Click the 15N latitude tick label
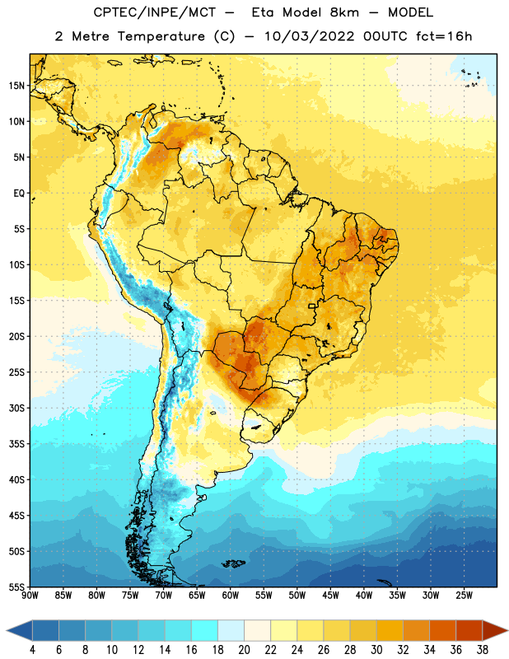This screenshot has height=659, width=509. [x=16, y=86]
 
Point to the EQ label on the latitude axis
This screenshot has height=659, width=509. [x=19, y=194]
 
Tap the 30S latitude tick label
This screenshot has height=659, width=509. [x=16, y=408]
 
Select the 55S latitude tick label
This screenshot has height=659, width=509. [x=16, y=587]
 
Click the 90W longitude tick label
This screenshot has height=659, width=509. [x=30, y=596]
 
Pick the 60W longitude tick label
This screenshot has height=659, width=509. [x=231, y=596]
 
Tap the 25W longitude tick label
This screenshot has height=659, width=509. [x=464, y=596]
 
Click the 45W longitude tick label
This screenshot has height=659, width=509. [x=330, y=596]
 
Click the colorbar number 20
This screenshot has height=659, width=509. [x=244, y=650]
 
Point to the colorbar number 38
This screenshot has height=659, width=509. [x=482, y=650]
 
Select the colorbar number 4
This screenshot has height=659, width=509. [x=32, y=650]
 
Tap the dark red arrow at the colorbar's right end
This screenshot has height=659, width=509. [x=495, y=631]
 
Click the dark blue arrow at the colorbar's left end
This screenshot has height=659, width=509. [x=19, y=631]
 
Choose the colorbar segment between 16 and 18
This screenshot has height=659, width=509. [x=205, y=631]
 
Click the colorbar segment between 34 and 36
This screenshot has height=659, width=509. [x=442, y=631]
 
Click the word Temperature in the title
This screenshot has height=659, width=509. [x=161, y=36]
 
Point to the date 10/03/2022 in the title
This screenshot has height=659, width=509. [x=310, y=36]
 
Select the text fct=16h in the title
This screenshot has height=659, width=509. [x=444, y=36]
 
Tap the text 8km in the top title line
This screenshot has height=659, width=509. [x=344, y=12]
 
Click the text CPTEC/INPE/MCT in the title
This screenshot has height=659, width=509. [x=155, y=12]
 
